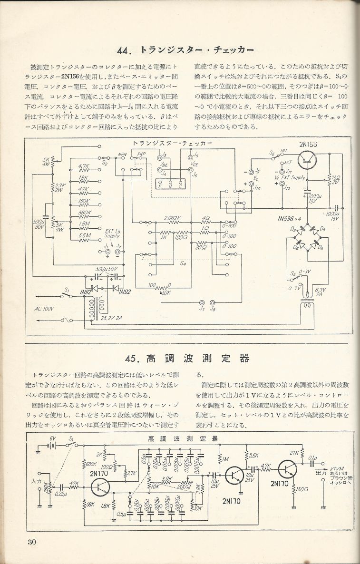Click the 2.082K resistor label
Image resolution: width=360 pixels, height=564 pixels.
point(173,218)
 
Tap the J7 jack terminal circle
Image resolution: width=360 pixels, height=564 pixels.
point(203,302)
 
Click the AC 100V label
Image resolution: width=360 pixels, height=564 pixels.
point(44,309)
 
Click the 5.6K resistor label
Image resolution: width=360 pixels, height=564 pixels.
point(254,456)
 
